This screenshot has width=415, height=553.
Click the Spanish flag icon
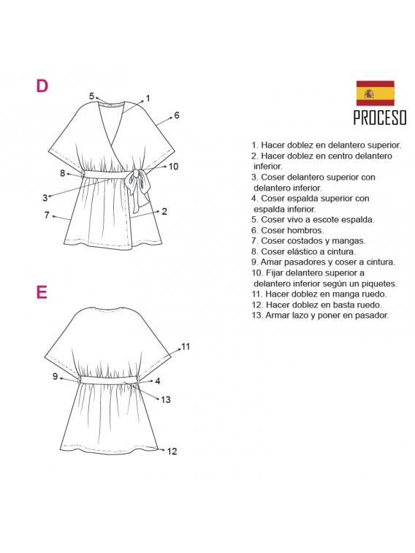click(375, 93)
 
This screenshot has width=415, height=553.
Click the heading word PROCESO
click(380, 118)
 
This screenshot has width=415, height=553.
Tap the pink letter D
click(42, 86)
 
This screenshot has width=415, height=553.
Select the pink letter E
click(42, 292)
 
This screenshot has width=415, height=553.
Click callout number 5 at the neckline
click(91, 96)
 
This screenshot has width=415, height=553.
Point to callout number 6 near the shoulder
click(177, 115)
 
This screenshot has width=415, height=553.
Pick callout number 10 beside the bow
click(173, 167)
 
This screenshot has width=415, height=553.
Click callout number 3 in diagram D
click(45, 198)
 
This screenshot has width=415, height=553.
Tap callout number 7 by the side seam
click(47, 215)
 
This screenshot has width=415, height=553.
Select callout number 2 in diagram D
click(164, 212)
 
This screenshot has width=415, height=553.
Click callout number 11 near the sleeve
click(186, 347)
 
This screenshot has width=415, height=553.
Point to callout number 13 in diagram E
click(166, 400)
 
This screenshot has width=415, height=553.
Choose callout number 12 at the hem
click(172, 451)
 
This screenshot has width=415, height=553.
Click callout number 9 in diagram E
click(55, 376)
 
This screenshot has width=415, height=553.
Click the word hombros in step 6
click(305, 230)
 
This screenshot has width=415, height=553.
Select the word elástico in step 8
click(306, 251)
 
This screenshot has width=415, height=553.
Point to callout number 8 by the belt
click(62, 173)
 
